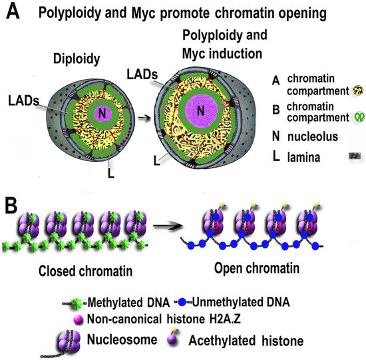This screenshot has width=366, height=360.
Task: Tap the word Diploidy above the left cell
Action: (75, 59)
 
